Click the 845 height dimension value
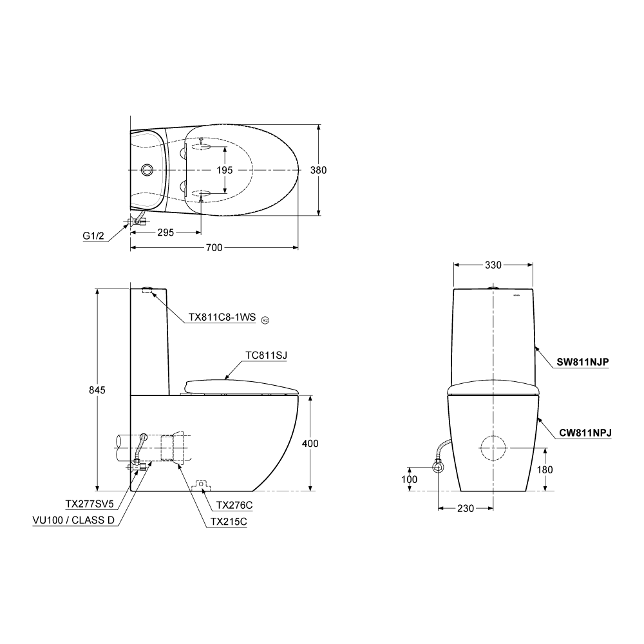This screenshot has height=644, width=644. [97, 390]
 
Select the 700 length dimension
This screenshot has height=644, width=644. [214, 248]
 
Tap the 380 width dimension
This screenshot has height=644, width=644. [318, 170]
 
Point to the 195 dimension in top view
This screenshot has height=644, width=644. [225, 170]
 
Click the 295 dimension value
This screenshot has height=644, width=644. [166, 232]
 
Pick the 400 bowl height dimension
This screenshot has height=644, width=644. [310, 444]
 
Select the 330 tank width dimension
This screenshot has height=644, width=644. [493, 265]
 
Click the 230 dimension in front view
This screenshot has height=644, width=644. [466, 509]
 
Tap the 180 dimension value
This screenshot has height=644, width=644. [545, 470]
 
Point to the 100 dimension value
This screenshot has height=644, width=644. [409, 479]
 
